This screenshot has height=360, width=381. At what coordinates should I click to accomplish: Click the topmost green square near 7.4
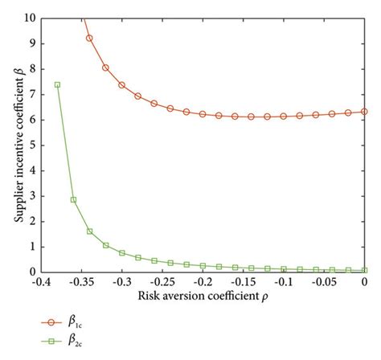coord(57,84)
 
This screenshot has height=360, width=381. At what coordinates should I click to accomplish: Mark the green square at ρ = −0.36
coord(73,199)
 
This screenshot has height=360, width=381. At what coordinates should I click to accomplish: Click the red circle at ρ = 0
coord(365,112)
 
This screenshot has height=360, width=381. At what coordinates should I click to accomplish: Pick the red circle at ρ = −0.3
coord(122,84)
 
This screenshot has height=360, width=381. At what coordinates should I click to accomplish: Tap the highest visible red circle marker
coord(89,38)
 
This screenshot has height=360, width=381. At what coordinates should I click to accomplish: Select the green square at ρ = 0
coord(365,270)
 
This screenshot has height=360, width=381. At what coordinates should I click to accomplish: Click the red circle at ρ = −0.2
coord(203,114)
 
